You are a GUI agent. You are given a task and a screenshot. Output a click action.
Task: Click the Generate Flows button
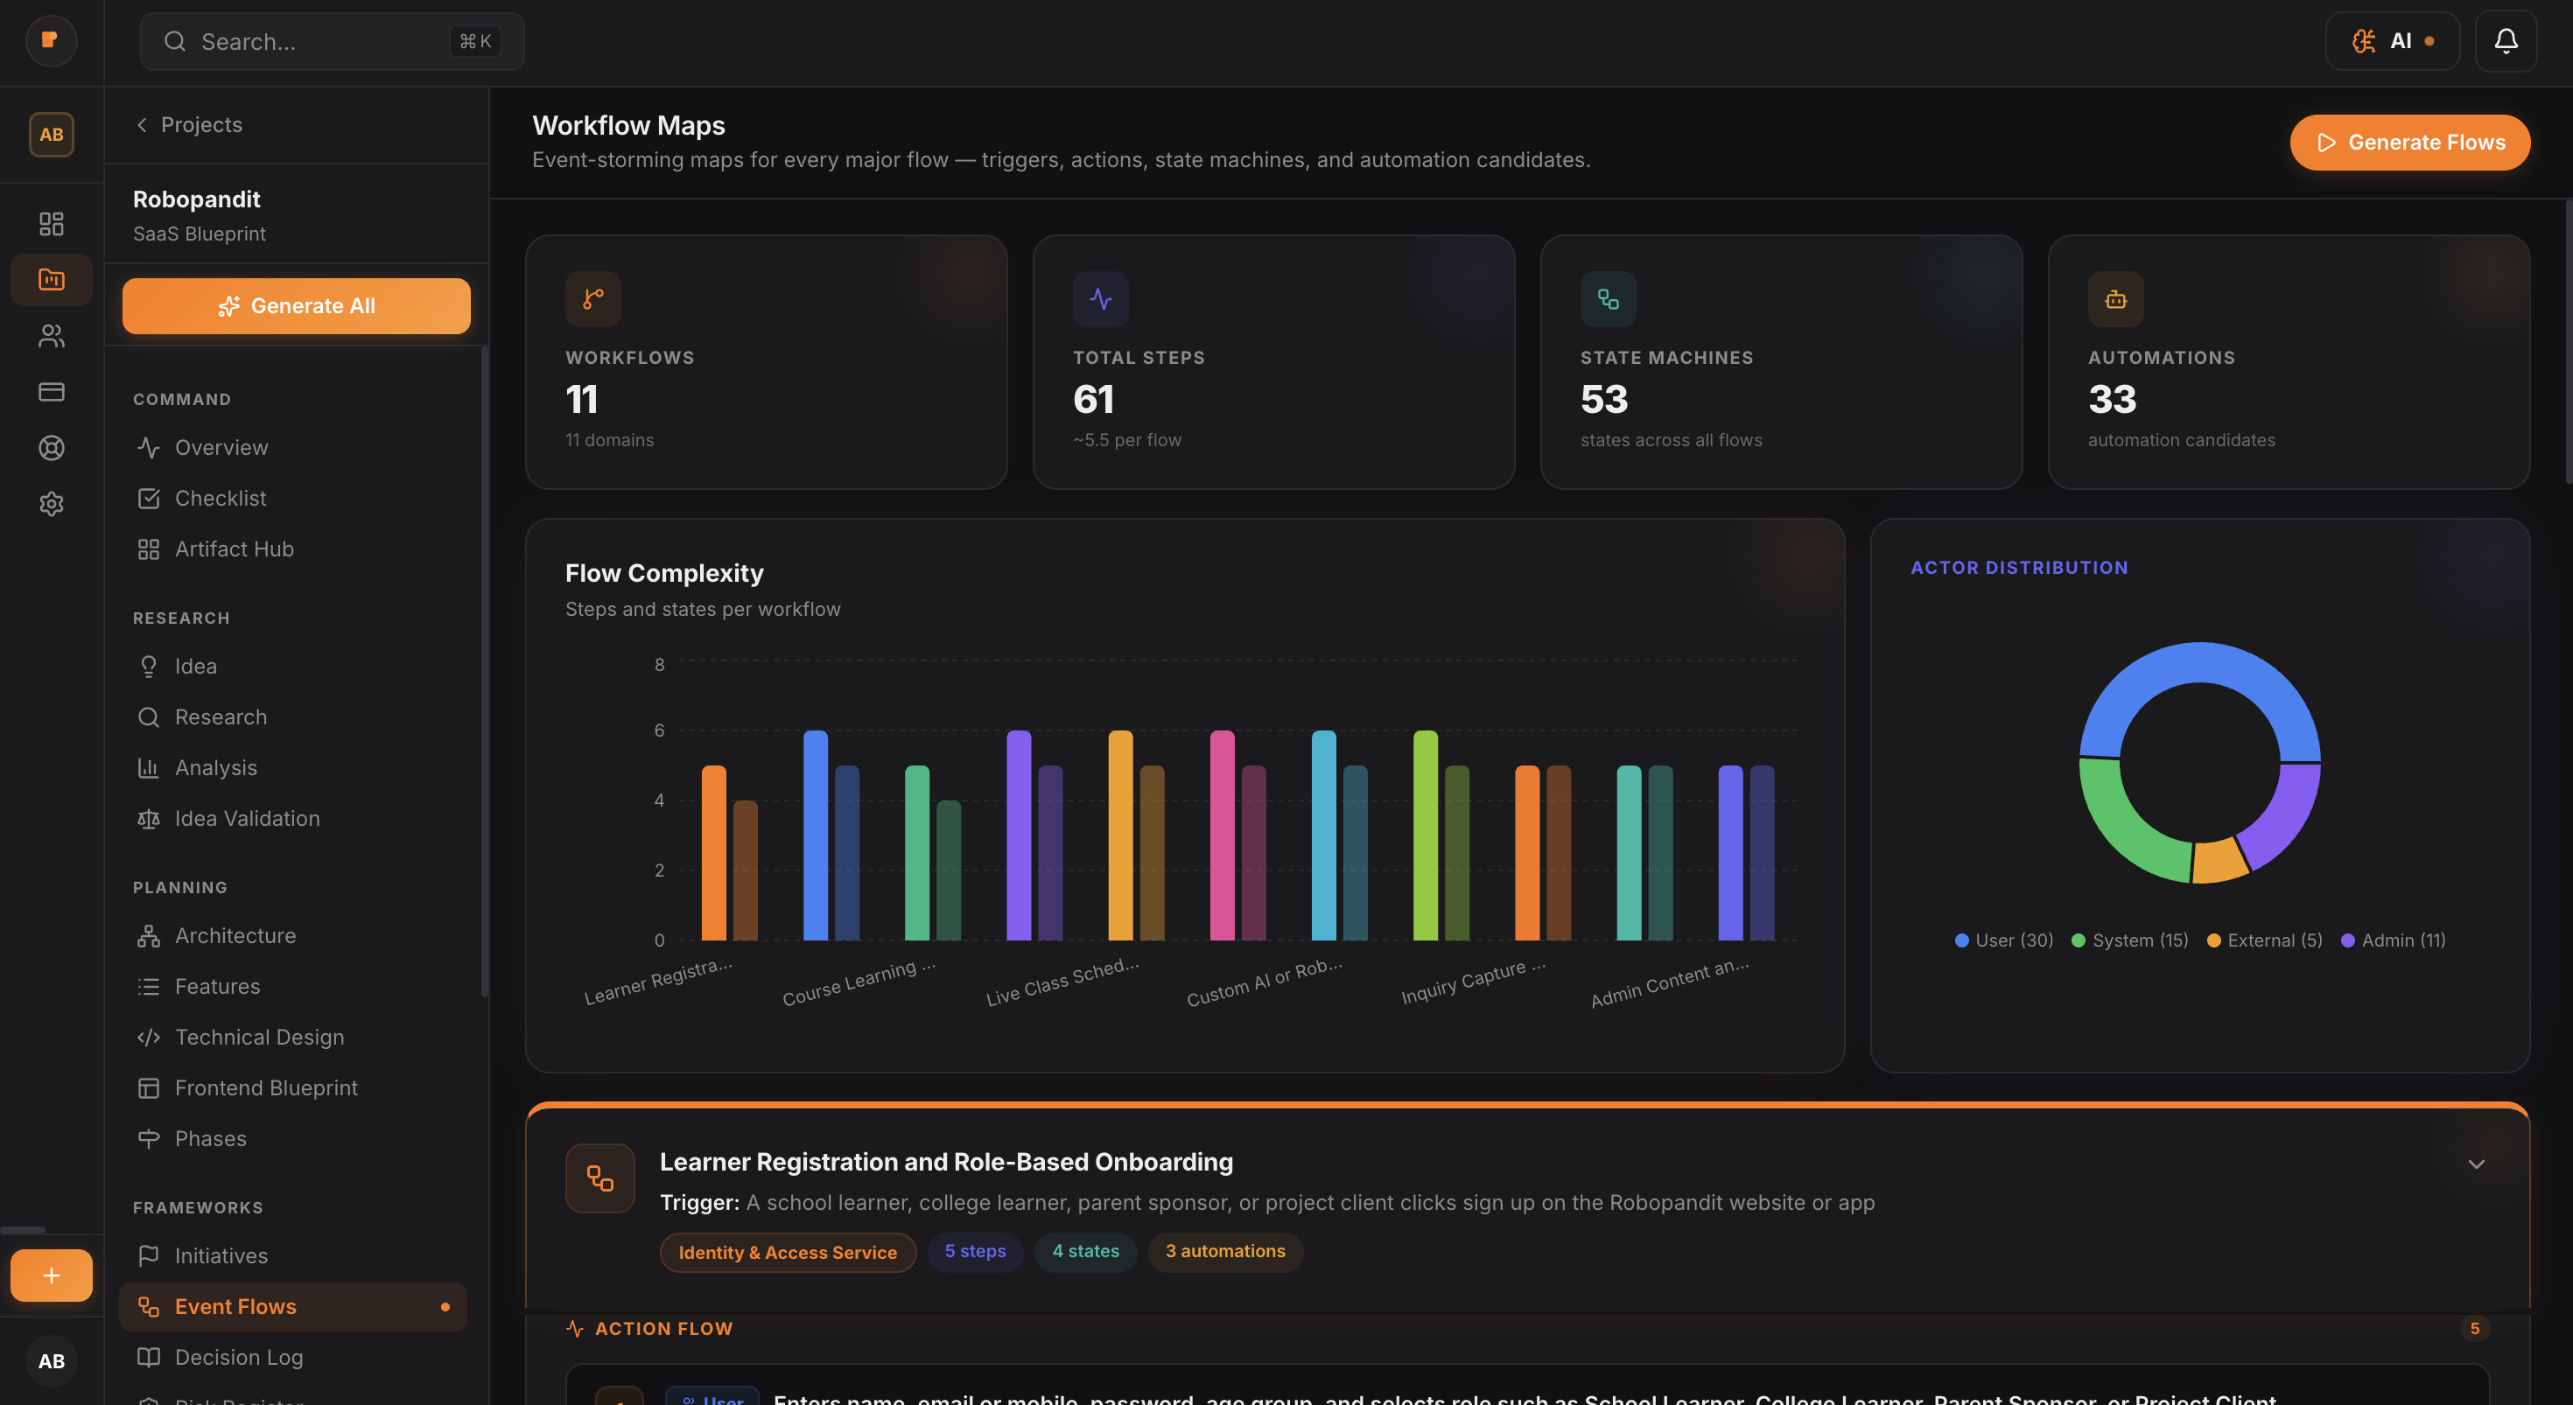(2409, 143)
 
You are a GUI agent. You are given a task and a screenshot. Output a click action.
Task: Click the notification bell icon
(2505, 41)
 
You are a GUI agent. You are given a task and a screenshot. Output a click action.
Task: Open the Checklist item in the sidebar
(220, 499)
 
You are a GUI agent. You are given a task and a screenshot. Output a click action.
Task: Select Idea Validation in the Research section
(247, 819)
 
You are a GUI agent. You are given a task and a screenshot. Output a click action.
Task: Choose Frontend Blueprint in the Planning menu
(266, 1088)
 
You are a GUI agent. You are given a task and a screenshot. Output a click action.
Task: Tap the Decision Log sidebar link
(239, 1357)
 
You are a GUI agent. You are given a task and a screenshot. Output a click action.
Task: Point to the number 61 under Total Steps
(1093, 400)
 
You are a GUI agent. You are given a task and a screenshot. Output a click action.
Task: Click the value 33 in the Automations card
(2112, 400)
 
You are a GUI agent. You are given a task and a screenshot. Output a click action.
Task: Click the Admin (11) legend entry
(2394, 940)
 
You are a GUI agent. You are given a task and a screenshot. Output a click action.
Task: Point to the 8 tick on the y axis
(659, 665)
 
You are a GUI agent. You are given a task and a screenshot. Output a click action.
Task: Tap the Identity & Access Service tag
(787, 1252)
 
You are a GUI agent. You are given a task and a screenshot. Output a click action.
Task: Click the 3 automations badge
(1224, 1251)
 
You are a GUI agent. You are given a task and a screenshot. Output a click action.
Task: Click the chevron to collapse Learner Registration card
(2476, 1164)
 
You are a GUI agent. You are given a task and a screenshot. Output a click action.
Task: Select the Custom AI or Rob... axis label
(1265, 982)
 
